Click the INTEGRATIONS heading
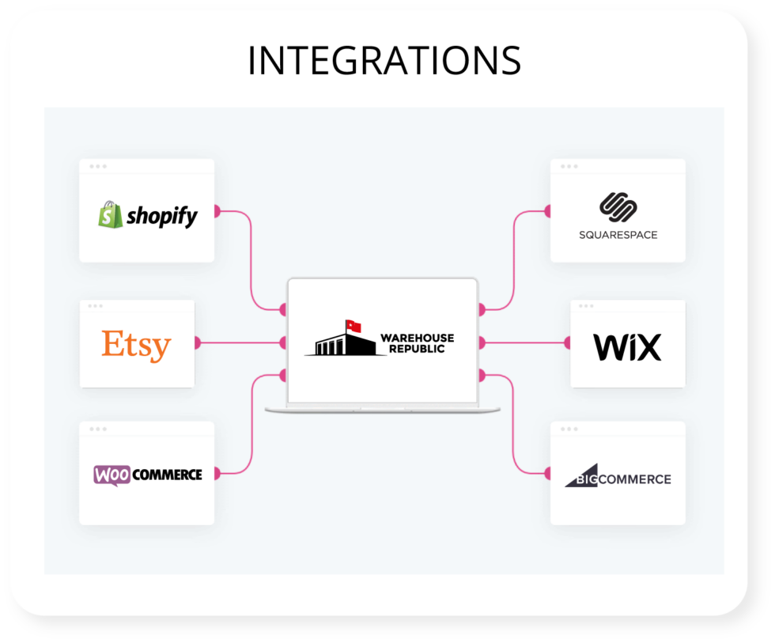click(384, 60)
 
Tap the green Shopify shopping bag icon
click(110, 214)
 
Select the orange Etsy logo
click(136, 345)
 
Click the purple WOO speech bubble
click(112, 475)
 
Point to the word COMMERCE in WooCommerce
click(167, 475)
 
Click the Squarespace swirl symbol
click(618, 207)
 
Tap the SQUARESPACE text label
click(618, 235)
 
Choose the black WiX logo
click(627, 347)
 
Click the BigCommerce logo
click(618, 478)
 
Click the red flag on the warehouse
click(353, 326)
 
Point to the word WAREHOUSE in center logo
click(418, 338)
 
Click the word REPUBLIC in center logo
click(418, 349)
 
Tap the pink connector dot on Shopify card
click(215, 211)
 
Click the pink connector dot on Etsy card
click(195, 342)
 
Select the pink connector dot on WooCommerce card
click(215, 473)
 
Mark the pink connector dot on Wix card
click(569, 342)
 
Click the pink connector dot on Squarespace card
click(549, 211)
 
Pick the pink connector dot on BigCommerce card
click(549, 473)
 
